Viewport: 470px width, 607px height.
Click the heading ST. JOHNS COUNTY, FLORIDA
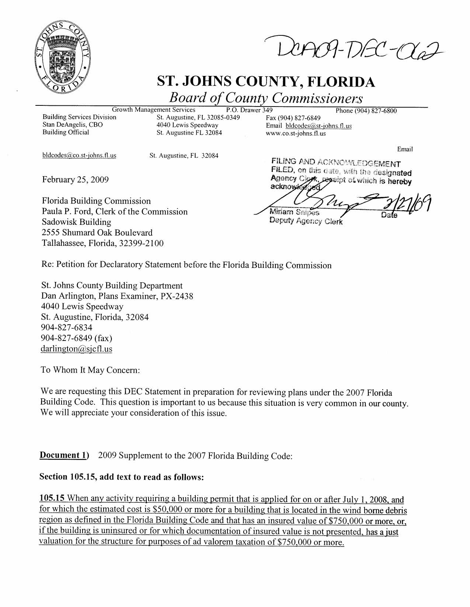[266, 81]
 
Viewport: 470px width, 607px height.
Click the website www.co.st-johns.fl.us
[296, 133]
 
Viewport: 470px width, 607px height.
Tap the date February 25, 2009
[76, 179]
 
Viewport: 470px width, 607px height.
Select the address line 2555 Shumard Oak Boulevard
[97, 233]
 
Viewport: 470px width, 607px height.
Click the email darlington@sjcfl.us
[77, 349]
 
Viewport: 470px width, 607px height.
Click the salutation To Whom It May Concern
[90, 370]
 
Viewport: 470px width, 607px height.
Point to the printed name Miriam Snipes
[295, 212]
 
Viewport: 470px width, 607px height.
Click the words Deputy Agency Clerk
[306, 221]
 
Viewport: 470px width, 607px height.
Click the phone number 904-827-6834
[67, 328]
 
